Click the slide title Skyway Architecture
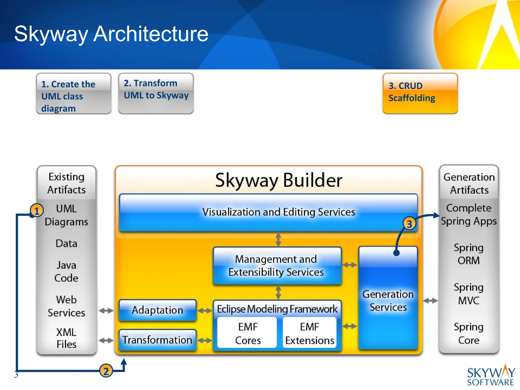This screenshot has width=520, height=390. click(x=111, y=34)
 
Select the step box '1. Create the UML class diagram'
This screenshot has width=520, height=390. click(x=73, y=94)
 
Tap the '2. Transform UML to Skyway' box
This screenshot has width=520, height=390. click(x=156, y=93)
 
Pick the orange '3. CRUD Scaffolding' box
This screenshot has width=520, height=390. click(x=420, y=93)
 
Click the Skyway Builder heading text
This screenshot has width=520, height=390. click(x=279, y=180)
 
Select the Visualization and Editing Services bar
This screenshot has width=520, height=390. click(x=268, y=212)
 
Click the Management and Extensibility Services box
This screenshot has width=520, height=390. click(x=277, y=266)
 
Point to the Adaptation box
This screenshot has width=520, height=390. click(x=157, y=310)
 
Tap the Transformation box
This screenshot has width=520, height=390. click(x=157, y=340)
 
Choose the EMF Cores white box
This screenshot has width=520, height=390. click(x=248, y=333)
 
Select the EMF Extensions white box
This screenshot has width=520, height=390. click(x=310, y=333)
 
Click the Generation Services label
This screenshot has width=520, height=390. click(x=388, y=301)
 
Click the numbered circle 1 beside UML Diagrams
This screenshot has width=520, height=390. click(x=37, y=211)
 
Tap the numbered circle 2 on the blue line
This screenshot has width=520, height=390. click(x=106, y=371)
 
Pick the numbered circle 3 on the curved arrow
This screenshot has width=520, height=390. click(x=409, y=224)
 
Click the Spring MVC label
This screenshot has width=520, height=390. click(x=468, y=294)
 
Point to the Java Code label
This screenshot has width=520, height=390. click(x=66, y=271)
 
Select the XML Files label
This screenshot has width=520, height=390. click(x=66, y=338)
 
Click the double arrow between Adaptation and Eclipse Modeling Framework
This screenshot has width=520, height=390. click(x=205, y=311)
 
